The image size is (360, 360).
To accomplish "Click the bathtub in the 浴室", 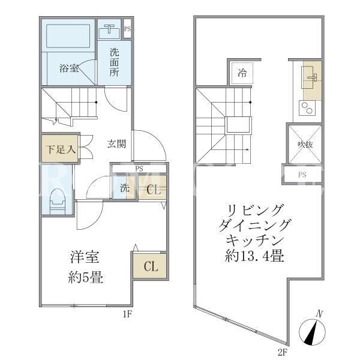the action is pyautogui.click(x=68, y=36).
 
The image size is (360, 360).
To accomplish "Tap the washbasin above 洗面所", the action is pyautogui.click(x=109, y=31).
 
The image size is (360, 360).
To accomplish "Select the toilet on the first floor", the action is pyautogui.click(x=58, y=202).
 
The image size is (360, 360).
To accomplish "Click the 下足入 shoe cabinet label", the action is pyautogui.click(x=61, y=149).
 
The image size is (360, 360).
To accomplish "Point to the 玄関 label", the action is pyautogui.click(x=116, y=144).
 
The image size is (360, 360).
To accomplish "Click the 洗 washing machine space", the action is pyautogui.click(x=124, y=188).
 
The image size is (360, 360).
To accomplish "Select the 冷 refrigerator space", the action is pyautogui.click(x=242, y=73).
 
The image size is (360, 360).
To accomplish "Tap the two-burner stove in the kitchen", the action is pyautogui.click(x=307, y=108).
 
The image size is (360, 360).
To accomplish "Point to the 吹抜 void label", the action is pyautogui.click(x=305, y=145).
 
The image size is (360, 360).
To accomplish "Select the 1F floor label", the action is pyautogui.click(x=127, y=314).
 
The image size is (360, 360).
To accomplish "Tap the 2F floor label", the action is pyautogui.click(x=283, y=352).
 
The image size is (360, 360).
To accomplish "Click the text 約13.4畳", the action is pyautogui.click(x=254, y=256).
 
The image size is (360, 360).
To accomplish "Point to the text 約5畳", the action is pyautogui.click(x=85, y=277).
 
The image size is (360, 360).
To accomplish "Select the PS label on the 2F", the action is pyautogui.click(x=302, y=175).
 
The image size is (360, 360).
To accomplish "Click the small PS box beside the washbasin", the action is pyautogui.click(x=127, y=29).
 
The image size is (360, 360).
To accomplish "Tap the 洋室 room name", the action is pyautogui.click(x=85, y=257).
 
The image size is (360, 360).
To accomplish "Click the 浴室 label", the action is pyautogui.click(x=69, y=68).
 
